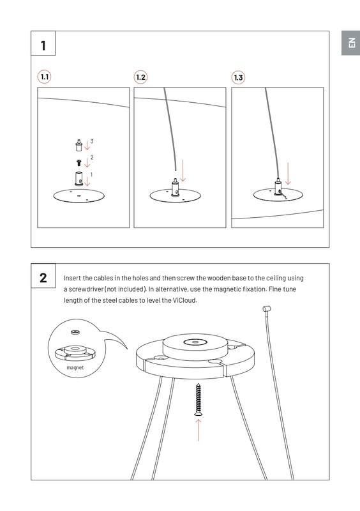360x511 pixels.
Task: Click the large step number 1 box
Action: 43,43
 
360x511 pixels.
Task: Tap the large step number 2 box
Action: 43,276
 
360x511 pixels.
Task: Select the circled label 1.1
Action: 44,77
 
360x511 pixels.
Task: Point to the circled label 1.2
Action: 140,77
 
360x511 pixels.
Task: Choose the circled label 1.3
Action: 238,77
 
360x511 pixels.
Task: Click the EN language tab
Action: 351,43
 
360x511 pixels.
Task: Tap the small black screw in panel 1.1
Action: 79,163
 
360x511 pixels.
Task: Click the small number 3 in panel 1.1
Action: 92,141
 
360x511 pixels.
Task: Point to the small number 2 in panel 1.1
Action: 92,157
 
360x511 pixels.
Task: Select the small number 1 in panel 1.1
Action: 91,174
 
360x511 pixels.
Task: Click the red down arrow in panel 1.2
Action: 183,170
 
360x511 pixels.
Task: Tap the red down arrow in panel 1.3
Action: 288,173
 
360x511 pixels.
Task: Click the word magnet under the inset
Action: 75,368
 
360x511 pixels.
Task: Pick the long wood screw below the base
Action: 198,399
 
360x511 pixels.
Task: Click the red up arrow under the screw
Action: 198,430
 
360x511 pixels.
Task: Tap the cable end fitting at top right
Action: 267,309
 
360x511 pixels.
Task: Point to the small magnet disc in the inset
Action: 75,332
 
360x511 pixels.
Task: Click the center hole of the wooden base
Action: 195,342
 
